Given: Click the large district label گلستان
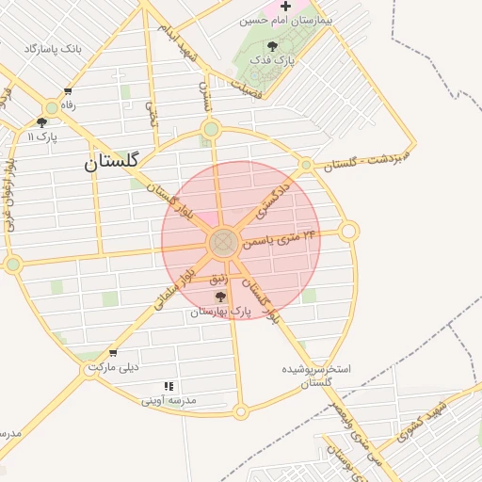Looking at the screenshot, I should [x=111, y=161].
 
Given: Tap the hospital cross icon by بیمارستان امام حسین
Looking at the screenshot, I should [x=285, y=7].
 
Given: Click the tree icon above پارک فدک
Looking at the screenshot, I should [x=272, y=46].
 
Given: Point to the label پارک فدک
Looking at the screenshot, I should [x=272, y=60].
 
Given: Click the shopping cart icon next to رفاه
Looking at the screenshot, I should [x=68, y=92].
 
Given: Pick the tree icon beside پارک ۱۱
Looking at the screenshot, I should [x=41, y=121].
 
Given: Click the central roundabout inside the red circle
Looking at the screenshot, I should [x=223, y=243].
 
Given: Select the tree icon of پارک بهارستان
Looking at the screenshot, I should [x=220, y=297].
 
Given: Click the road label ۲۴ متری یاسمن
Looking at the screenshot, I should [x=280, y=237].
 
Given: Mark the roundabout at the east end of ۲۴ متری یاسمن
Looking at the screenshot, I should [x=349, y=231].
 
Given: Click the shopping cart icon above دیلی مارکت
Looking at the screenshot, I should [x=113, y=354].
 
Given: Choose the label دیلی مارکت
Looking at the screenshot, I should [x=112, y=367].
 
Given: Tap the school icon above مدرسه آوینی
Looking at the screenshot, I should [x=169, y=386].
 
